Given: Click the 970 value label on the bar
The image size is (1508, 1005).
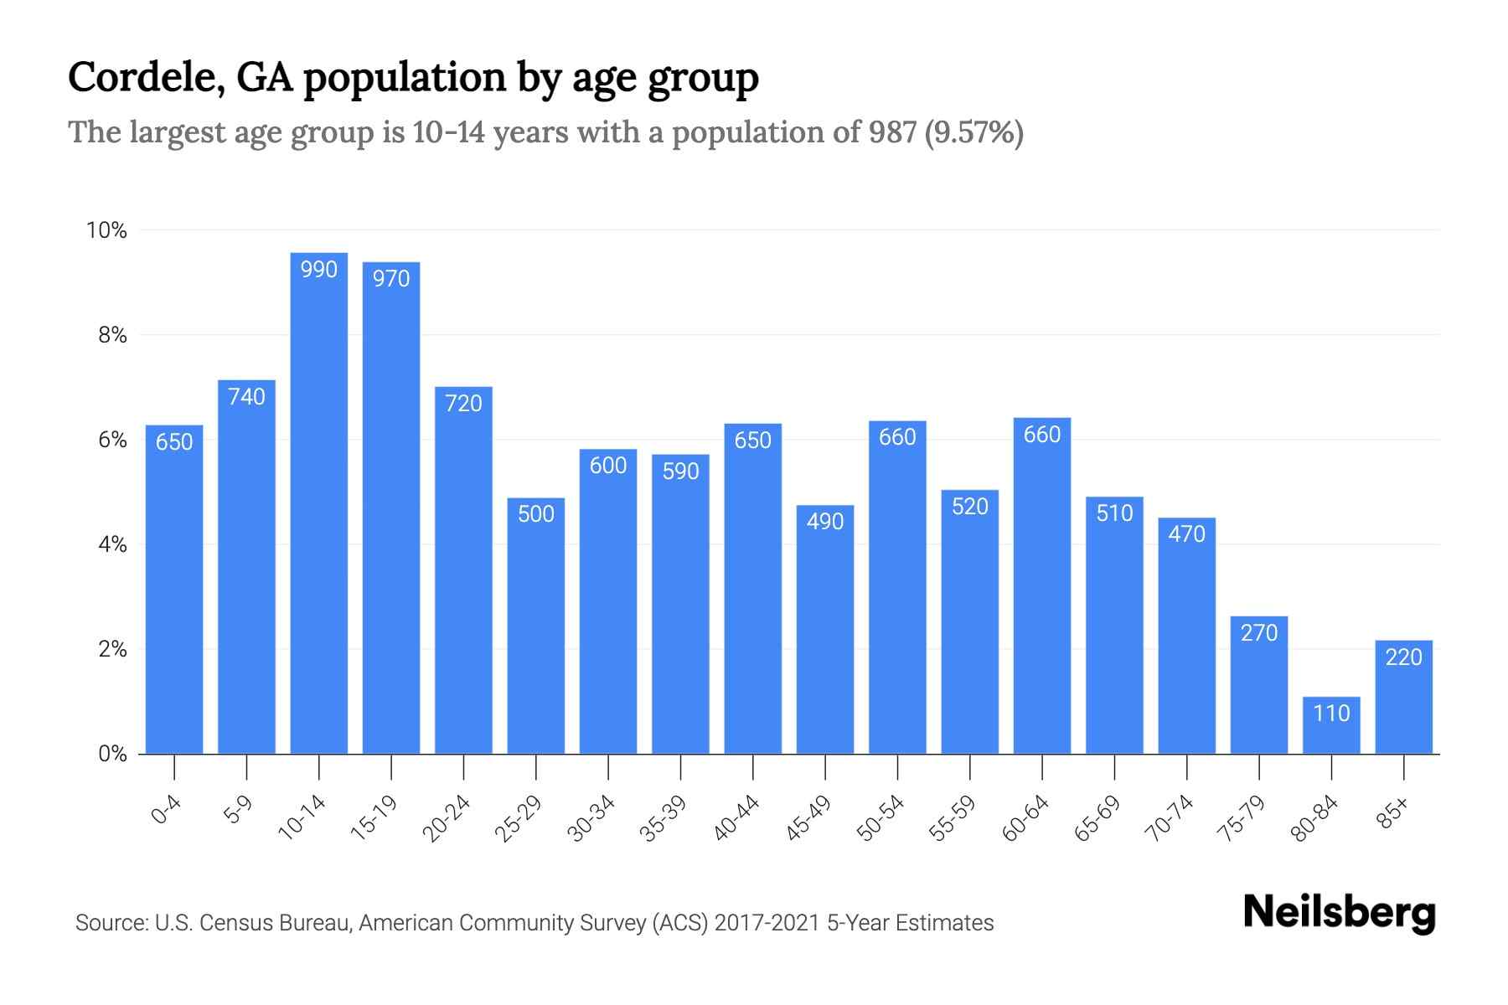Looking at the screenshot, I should (391, 278).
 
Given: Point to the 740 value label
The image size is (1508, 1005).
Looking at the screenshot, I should (246, 396).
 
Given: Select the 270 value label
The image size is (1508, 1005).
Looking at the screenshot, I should (1259, 632).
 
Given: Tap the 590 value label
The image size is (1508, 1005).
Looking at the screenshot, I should (680, 472).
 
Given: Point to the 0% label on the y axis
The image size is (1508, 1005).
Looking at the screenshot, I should (112, 754).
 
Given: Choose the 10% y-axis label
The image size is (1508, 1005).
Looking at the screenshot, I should (107, 230).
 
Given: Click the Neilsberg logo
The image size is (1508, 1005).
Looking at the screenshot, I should (1339, 912).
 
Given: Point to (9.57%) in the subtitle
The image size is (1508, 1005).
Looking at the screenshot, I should (973, 132).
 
